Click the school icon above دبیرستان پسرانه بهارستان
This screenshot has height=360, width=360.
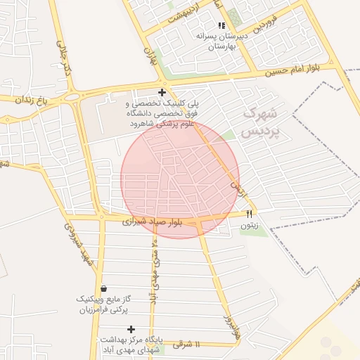221,25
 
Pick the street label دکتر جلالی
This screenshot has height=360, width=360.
64,60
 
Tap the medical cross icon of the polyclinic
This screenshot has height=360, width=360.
162,92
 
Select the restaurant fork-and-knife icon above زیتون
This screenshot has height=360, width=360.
248,214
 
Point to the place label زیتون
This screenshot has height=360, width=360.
250,225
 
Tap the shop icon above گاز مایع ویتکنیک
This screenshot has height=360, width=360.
104,288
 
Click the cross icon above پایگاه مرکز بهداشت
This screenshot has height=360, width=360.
131,329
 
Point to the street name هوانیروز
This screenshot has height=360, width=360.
228,326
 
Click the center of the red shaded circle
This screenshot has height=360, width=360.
180,179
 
